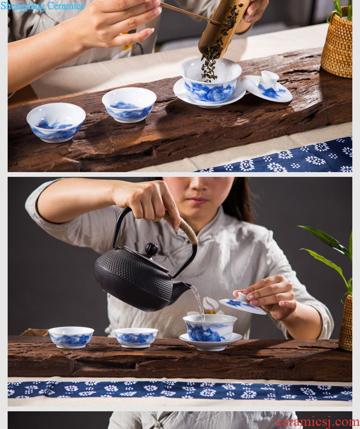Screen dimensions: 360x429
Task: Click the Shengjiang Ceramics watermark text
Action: tap(42, 6)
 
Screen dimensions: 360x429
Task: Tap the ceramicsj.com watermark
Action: tap(317, 422)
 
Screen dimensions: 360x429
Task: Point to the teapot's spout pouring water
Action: tap(182, 289)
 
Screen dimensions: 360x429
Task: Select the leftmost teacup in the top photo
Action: tap(56, 122)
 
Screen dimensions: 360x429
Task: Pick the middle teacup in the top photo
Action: tap(129, 105)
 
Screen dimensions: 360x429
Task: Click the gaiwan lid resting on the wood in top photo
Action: tap(266, 87)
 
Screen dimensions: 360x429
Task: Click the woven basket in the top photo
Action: tap(337, 44)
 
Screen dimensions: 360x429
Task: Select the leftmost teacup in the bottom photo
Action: tap(71, 337)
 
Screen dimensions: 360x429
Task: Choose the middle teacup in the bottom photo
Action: tap(136, 338)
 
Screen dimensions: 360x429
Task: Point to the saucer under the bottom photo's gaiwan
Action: tap(211, 342)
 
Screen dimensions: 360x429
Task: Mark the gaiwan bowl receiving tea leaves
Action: tap(211, 80)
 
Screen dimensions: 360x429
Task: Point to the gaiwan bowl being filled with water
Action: tap(210, 327)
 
